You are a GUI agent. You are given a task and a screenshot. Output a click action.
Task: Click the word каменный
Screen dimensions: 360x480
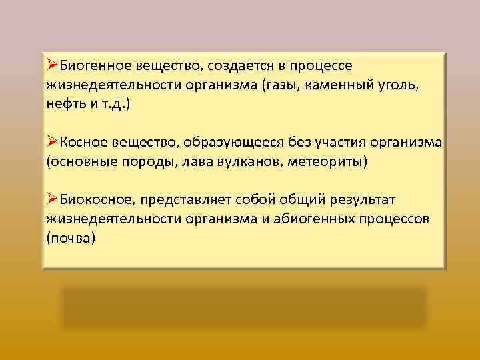tap(340, 85)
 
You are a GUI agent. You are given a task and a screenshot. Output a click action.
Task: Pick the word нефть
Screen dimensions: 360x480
tap(67, 105)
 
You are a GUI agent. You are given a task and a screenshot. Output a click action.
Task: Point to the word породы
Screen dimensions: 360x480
tap(150, 162)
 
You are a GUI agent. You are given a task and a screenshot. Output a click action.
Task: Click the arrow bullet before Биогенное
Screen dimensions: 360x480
tap(53, 65)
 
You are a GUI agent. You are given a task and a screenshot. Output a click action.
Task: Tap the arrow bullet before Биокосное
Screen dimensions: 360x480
tap(53, 199)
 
